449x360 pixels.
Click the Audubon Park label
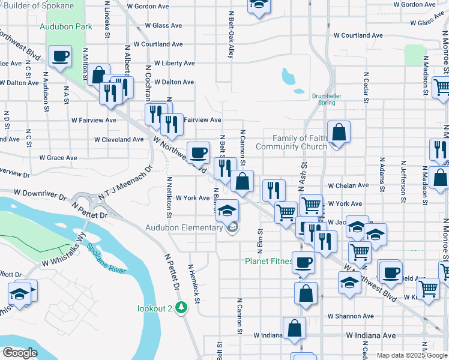66,26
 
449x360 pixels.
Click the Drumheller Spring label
331,99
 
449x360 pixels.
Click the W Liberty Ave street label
174,63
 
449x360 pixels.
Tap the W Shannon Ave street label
351,316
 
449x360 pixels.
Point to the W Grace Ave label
58,158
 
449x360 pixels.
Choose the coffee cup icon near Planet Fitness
304,263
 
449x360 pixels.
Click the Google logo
20,353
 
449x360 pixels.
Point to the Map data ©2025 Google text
411,355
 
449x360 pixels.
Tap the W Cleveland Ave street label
119,139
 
